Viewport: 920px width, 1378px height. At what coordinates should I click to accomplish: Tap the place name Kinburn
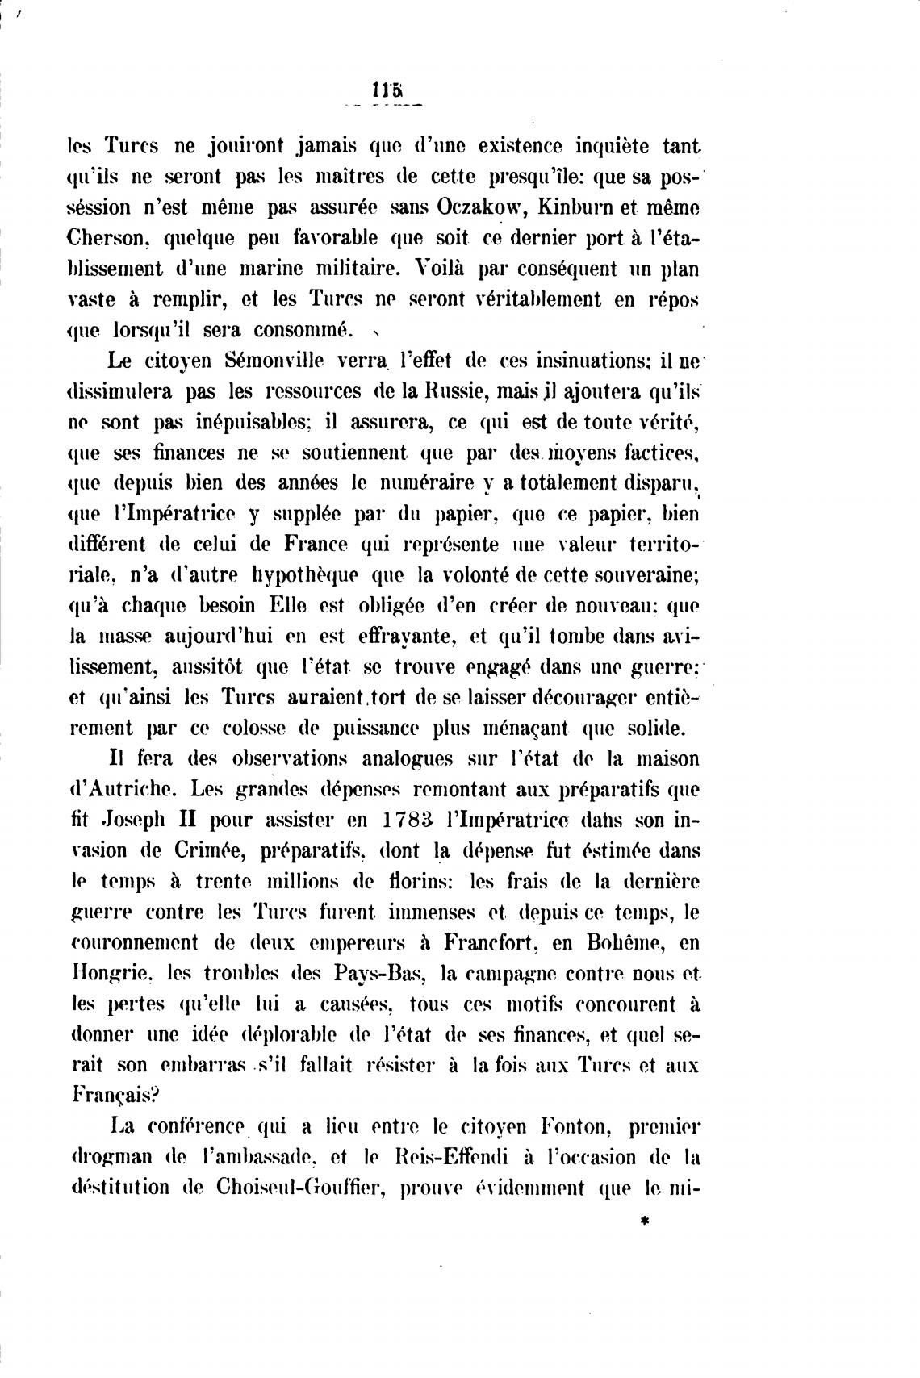tap(583, 207)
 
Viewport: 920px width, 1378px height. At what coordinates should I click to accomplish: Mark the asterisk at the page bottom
tap(643, 1222)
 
